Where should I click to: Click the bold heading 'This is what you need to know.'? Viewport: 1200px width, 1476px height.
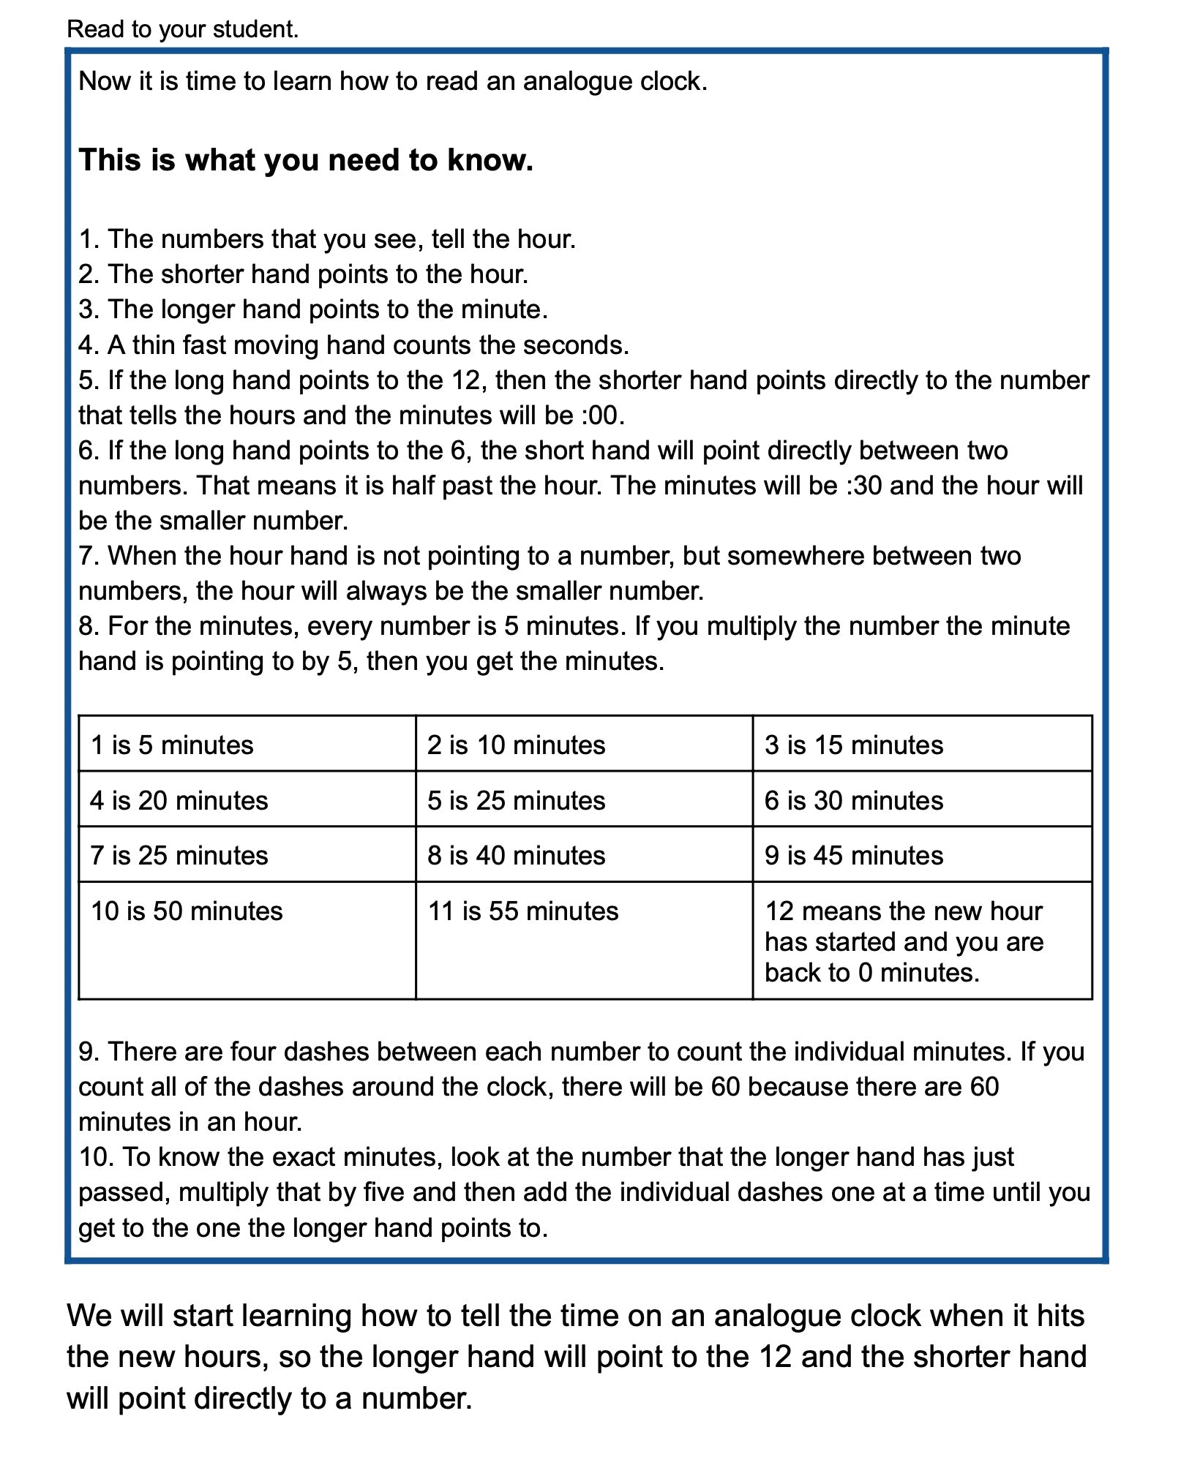click(306, 160)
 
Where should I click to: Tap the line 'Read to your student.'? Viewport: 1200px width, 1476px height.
click(183, 30)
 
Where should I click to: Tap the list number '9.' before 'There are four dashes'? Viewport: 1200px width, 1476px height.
click(89, 1052)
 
